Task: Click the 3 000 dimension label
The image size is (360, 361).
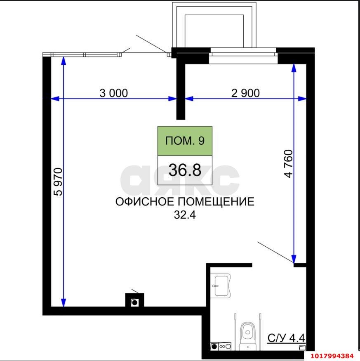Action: [113, 93]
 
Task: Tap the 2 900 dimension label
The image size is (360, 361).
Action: [245, 93]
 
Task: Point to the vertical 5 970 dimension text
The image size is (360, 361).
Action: [58, 182]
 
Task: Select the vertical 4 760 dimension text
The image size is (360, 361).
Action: [289, 164]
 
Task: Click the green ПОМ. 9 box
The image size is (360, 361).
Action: [185, 141]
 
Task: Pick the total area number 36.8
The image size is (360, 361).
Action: [185, 170]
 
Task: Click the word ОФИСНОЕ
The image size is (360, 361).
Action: [145, 202]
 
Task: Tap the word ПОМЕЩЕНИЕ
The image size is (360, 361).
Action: [216, 202]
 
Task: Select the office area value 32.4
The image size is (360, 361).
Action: [185, 215]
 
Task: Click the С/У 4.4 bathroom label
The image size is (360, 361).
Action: [286, 338]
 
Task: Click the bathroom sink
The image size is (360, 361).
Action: [221, 286]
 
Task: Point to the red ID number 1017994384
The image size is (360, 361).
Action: [332, 356]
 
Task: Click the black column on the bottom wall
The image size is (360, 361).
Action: [135, 300]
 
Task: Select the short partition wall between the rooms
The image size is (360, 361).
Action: [181, 92]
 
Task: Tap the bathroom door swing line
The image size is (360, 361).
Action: [275, 252]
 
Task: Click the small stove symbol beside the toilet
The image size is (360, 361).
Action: [221, 346]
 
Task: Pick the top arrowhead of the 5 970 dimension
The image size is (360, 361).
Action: [64, 61]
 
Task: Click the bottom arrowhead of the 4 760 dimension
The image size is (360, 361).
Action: [294, 259]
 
